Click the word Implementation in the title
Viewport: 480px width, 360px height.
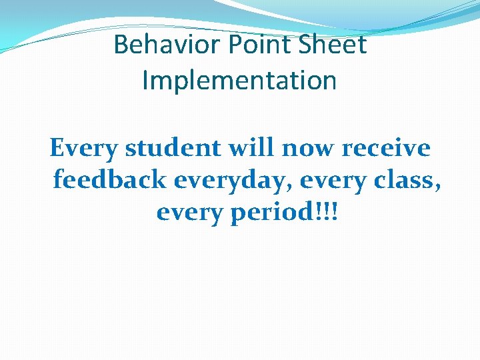coord(239,81)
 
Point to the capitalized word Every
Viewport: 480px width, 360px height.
coord(83,147)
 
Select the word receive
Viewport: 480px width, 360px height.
coord(387,147)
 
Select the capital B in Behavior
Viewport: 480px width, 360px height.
coord(121,45)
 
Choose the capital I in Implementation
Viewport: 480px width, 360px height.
coord(146,81)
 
